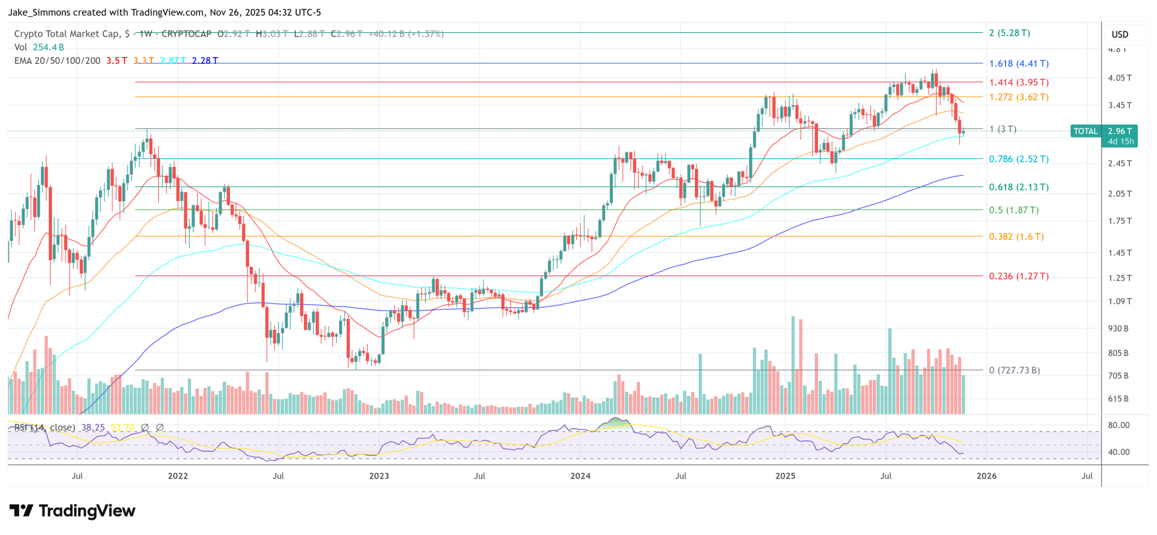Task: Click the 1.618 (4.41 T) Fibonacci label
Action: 1019,64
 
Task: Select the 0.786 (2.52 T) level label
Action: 1019,159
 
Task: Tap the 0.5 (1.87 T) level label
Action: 1014,210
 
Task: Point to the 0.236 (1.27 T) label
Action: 1019,277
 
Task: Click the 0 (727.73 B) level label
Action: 1015,371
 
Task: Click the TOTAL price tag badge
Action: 1085,131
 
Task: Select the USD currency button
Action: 1120,34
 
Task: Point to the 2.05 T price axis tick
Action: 1120,194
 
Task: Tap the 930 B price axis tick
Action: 1118,329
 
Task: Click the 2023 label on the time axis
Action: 379,476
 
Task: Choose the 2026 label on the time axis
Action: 986,476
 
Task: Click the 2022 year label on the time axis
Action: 177,476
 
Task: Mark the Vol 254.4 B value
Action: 48,48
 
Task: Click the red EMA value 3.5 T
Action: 117,61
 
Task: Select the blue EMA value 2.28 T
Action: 205,61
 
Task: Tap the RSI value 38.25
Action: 93,428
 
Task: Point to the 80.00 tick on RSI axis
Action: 1119,425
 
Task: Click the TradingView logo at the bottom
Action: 72,511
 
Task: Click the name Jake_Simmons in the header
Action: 41,12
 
